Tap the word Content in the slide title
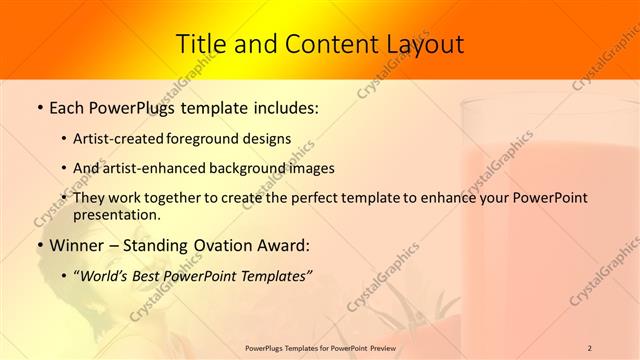pos(321,45)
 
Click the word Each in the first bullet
pos(67,107)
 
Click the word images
pos(310,169)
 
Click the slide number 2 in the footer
pos(590,348)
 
